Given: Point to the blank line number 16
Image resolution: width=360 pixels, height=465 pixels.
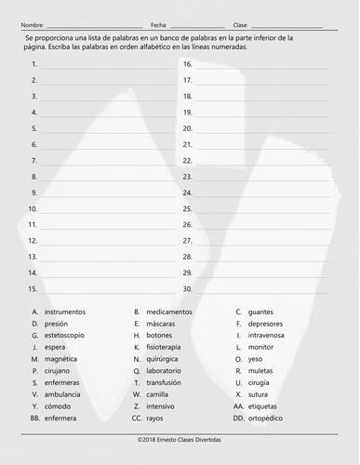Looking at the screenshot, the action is (260, 65).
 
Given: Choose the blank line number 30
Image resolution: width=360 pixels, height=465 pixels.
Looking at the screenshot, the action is (260, 289).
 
